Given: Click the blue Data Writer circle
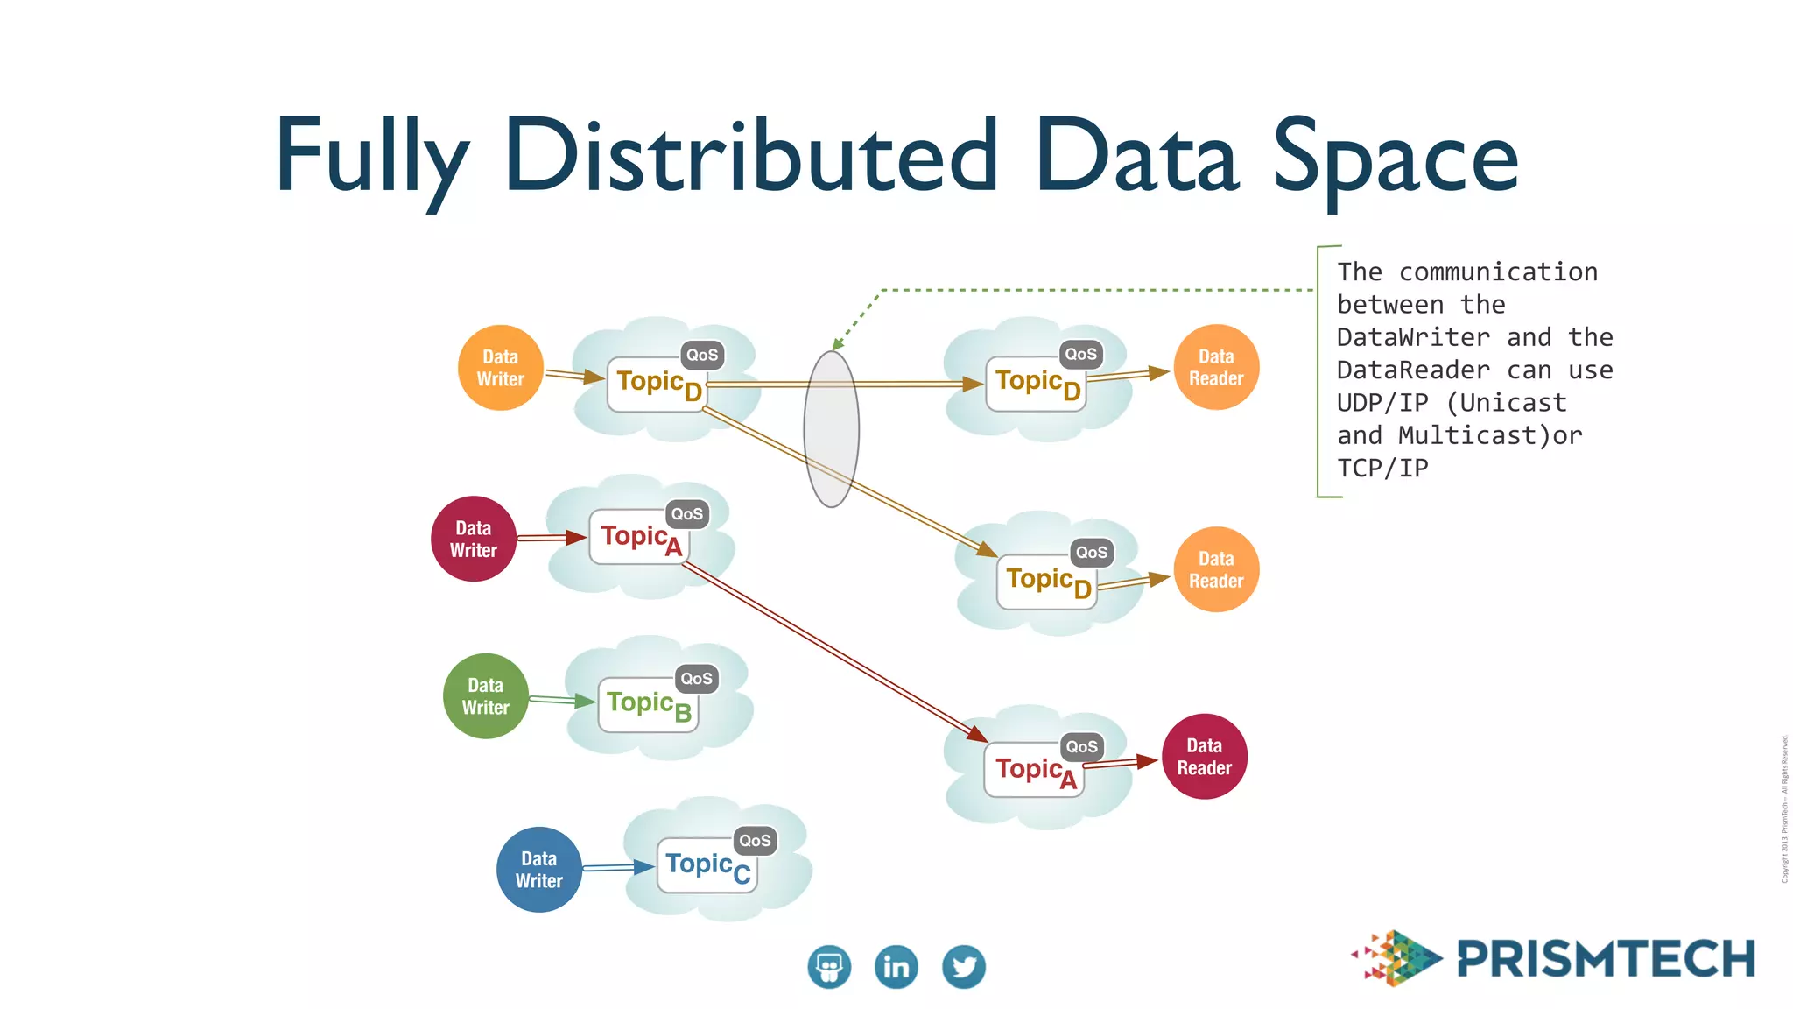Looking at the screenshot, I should point(538,870).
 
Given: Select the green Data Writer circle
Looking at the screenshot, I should point(485,696).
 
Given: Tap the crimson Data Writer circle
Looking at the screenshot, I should point(473,539).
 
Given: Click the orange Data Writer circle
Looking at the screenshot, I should point(500,368).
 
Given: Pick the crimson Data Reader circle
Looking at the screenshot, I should point(1204,757).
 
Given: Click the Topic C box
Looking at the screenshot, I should point(706,866).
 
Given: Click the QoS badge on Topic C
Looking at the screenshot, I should point(755,841).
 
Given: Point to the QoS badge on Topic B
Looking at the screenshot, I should point(696,679).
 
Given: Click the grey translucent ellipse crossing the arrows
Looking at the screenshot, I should point(831,429).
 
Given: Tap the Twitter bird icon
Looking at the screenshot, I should point(963,967).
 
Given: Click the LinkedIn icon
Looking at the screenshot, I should point(896,967).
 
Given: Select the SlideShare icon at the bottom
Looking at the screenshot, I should point(828,967).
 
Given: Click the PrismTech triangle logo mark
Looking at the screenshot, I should point(1398,958).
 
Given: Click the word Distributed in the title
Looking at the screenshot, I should point(751,156).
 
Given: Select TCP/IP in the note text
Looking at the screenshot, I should point(1382,468).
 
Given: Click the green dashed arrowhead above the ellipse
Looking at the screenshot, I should point(838,344).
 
